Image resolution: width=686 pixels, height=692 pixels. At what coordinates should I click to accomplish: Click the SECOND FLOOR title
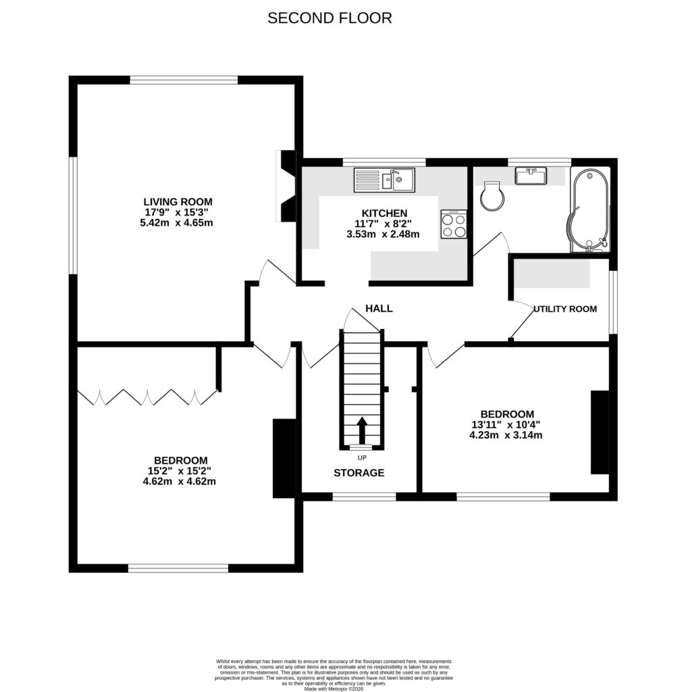[329, 18]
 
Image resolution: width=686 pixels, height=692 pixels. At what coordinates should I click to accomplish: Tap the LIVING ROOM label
[178, 201]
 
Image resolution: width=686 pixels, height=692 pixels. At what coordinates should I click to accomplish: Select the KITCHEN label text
[383, 212]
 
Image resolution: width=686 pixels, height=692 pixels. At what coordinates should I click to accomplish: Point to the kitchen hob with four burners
[454, 224]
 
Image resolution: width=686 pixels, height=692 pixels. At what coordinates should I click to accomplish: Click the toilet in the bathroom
[492, 197]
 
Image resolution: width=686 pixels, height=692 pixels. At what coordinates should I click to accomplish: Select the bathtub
[590, 210]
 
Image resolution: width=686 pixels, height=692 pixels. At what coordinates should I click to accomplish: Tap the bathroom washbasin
[531, 176]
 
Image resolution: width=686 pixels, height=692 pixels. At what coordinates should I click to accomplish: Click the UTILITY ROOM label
[565, 309]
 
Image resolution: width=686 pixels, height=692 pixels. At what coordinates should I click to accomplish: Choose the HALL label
[379, 308]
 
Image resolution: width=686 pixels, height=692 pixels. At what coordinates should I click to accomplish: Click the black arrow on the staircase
[361, 428]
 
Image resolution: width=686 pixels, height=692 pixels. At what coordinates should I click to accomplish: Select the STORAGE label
[359, 473]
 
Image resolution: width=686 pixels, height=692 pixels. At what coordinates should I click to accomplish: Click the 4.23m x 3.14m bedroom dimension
[506, 435]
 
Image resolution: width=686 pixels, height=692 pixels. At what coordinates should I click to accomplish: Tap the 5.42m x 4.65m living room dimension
[178, 222]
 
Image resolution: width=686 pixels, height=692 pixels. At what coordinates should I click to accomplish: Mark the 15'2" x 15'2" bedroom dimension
[180, 471]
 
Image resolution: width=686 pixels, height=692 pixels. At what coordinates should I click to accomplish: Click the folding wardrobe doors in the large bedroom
[147, 397]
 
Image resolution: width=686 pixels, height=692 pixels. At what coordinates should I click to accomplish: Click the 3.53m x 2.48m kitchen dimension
[383, 234]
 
